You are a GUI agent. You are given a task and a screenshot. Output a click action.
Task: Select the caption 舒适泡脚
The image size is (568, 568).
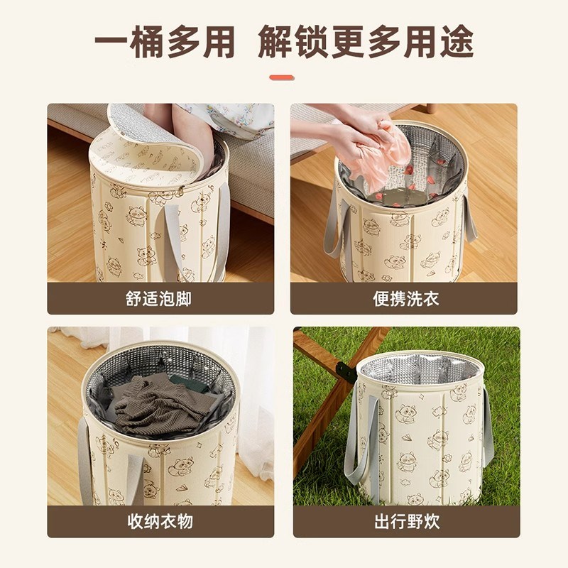pyautogui.click(x=160, y=298)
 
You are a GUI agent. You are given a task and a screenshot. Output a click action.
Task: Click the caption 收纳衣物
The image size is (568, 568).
pyautogui.click(x=160, y=522)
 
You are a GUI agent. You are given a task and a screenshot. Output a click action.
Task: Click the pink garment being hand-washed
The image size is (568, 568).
pyautogui.click(x=387, y=156)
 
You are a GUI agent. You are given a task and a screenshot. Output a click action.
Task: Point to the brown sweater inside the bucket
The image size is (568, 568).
pyautogui.click(x=160, y=405)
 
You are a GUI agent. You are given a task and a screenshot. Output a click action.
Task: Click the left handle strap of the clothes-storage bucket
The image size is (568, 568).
pyautogui.click(x=85, y=454)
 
